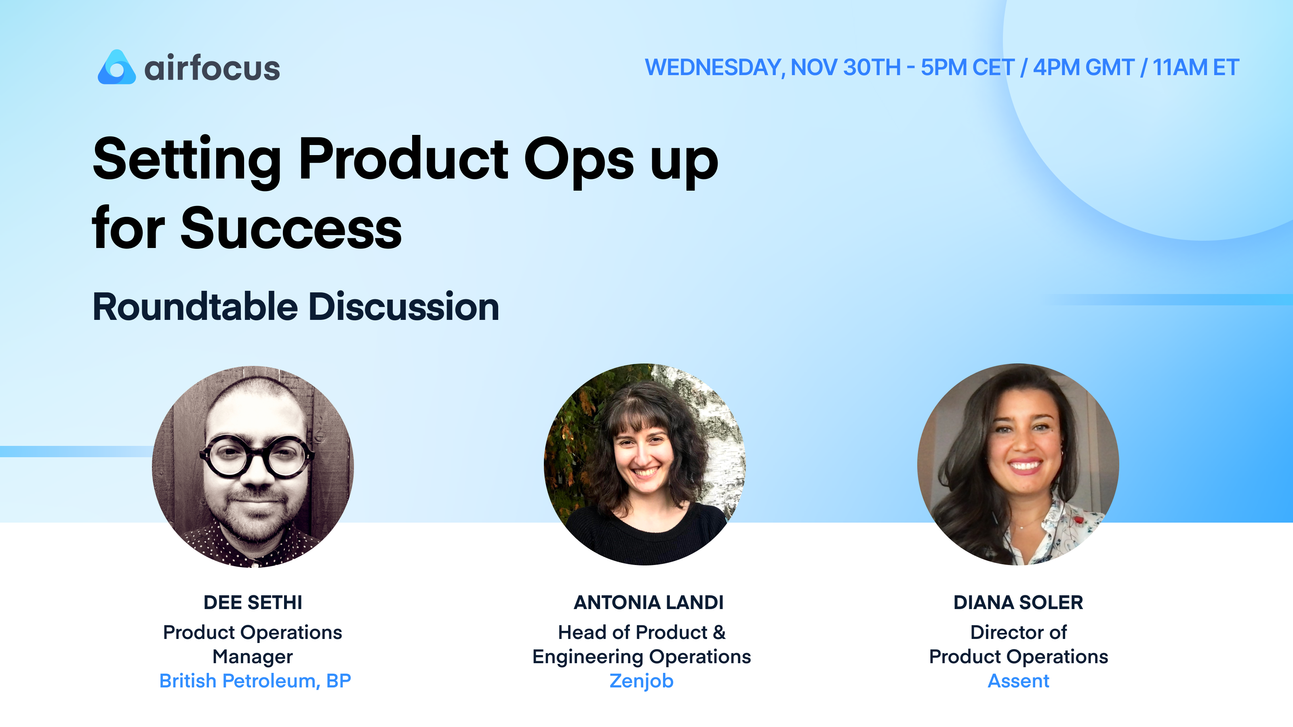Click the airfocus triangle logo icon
point(116,68)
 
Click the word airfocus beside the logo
point(212,68)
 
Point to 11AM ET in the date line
point(1196,68)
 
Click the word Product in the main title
point(403,160)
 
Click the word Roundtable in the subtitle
point(195,307)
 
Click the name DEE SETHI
point(253,602)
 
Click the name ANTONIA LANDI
point(649,602)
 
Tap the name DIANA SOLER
point(1018,602)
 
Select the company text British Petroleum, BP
point(255,681)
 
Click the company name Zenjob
point(642,681)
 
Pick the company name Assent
point(1018,681)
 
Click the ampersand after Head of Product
point(719,632)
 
